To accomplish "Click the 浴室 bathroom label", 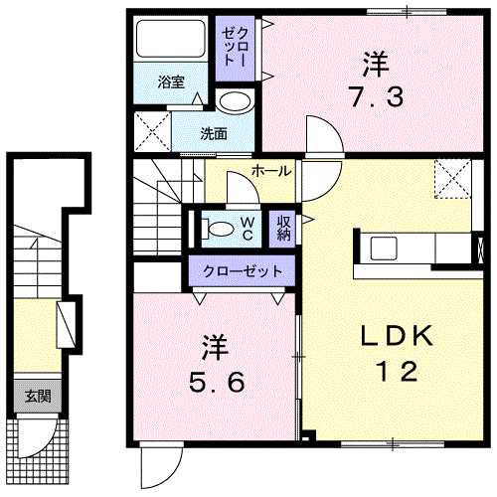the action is click(171, 82).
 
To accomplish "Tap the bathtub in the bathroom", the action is click(171, 39).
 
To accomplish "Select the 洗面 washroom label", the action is click(214, 133).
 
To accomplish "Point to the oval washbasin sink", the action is click(235, 101).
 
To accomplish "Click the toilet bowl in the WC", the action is click(218, 229).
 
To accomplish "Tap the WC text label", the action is click(248, 229).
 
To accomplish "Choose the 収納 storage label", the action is click(283, 228).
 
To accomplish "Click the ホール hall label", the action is click(271, 171).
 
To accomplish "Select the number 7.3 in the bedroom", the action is click(377, 96).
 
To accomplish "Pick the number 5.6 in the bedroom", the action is click(217, 382).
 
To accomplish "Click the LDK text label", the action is click(397, 336).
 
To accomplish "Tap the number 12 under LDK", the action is click(397, 371).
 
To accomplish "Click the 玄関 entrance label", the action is click(38, 396).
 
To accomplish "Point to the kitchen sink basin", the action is click(384, 248).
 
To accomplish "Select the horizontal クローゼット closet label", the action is click(243, 271).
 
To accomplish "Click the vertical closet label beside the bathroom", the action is click(235, 47).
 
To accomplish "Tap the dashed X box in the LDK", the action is click(453, 179).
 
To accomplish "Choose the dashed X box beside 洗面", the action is click(152, 131).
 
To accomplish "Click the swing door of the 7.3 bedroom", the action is click(325, 135).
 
